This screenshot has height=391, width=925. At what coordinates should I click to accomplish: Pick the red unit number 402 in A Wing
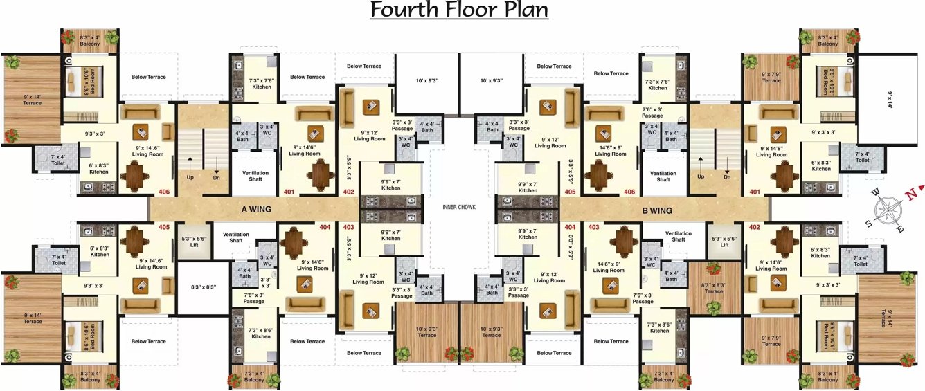click(348, 192)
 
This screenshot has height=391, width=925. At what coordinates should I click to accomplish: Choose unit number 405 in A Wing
click(164, 226)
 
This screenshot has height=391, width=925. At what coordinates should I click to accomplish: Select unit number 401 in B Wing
click(754, 192)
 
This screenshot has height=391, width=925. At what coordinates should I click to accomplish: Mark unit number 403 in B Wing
click(593, 227)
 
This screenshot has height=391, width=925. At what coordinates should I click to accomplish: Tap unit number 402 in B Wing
click(754, 227)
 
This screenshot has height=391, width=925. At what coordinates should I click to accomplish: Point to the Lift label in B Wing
click(724, 244)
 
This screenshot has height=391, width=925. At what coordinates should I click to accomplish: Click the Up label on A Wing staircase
click(190, 177)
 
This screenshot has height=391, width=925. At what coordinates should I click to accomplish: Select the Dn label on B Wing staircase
click(727, 177)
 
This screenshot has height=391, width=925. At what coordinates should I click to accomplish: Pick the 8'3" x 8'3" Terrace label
click(713, 288)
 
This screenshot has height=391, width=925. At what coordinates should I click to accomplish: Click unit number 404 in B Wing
click(570, 227)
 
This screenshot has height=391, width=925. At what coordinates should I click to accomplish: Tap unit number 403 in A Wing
click(348, 227)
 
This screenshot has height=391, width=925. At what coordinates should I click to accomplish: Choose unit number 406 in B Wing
click(629, 192)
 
